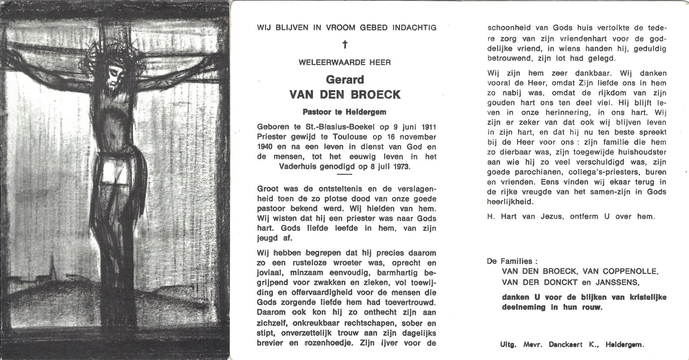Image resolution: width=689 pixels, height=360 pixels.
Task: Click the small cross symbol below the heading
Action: click(x=344, y=44)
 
